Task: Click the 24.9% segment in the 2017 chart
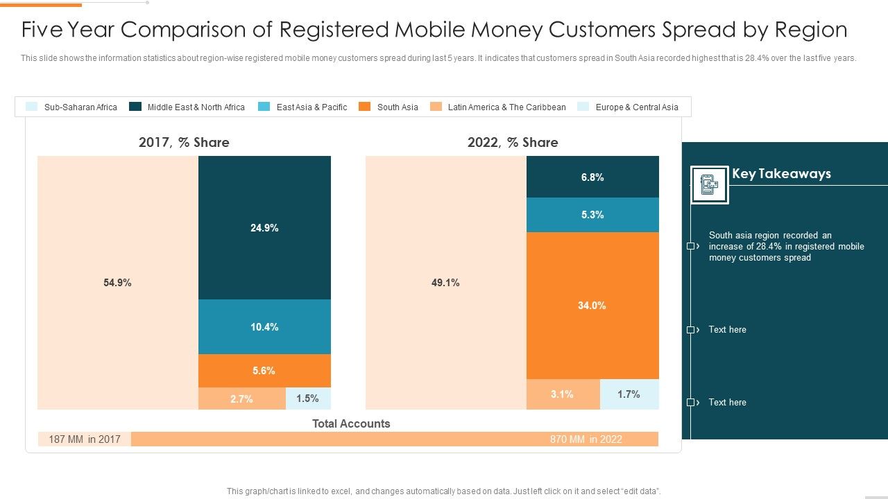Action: pyautogui.click(x=264, y=227)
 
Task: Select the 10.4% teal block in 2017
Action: pyautogui.click(x=264, y=326)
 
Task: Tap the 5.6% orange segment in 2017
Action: pyautogui.click(x=264, y=371)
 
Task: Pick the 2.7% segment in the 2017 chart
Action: pyautogui.click(x=241, y=399)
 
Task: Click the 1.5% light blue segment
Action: pyautogui.click(x=308, y=399)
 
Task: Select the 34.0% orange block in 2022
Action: pyautogui.click(x=592, y=305)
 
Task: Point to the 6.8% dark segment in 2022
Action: pyautogui.click(x=592, y=177)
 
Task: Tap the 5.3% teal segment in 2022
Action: pyautogui.click(x=592, y=215)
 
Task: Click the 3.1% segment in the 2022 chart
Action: pyautogui.click(x=563, y=394)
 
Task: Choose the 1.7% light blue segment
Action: pyautogui.click(x=629, y=394)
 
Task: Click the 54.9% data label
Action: pyautogui.click(x=117, y=283)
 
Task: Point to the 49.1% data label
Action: pyautogui.click(x=445, y=283)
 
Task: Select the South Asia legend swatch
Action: pyautogui.click(x=364, y=107)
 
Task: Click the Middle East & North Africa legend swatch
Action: pyautogui.click(x=135, y=107)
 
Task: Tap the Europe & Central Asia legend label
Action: pyautogui.click(x=636, y=107)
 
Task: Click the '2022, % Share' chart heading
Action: pyautogui.click(x=513, y=142)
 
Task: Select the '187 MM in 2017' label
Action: pyautogui.click(x=85, y=439)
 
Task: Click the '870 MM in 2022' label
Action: pyautogui.click(x=586, y=439)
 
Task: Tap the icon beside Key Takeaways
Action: pyautogui.click(x=709, y=185)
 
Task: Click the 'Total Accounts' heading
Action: pyautogui.click(x=351, y=423)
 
